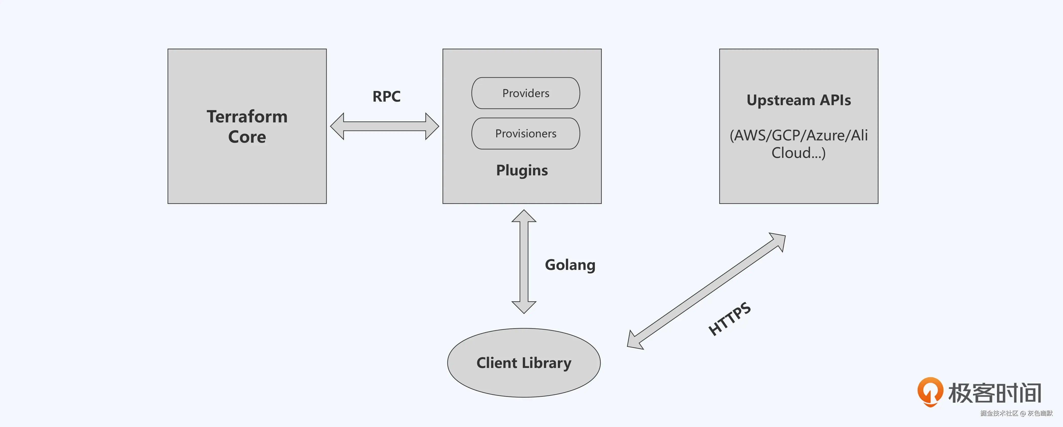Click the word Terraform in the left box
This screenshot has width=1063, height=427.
click(x=247, y=117)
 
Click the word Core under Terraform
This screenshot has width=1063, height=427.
click(x=247, y=137)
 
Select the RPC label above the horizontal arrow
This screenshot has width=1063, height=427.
click(x=386, y=97)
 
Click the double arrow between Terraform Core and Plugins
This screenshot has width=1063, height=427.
click(x=384, y=126)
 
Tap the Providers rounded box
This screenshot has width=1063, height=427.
click(x=525, y=93)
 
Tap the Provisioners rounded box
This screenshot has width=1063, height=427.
click(x=525, y=134)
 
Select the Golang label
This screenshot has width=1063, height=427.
click(x=570, y=265)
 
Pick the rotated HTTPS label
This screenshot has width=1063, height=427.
click(x=729, y=319)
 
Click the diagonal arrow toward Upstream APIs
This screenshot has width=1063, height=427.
click(x=706, y=291)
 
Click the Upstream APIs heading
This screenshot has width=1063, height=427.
click(x=798, y=100)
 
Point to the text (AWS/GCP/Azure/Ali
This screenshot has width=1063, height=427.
click(x=798, y=135)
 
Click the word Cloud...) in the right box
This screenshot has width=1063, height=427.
click(x=798, y=153)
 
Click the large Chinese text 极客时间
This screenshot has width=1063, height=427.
click(x=995, y=393)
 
